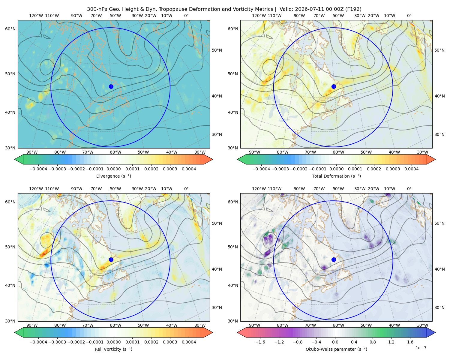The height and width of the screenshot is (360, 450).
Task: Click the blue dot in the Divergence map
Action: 111,86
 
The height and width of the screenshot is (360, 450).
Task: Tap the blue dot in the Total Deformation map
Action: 334,86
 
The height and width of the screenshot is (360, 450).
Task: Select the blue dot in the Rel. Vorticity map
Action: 111,259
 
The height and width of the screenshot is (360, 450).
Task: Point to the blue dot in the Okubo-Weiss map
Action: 334,259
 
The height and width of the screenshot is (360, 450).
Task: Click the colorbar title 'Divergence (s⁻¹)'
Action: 113,176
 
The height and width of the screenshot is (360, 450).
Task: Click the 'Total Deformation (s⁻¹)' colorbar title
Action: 336,176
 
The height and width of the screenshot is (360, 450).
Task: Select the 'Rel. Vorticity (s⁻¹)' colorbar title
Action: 113,349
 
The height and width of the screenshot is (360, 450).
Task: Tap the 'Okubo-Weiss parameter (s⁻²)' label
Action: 336,349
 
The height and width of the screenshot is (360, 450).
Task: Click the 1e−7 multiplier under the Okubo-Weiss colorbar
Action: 421,348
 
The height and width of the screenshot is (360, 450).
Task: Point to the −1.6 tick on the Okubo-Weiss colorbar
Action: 260,342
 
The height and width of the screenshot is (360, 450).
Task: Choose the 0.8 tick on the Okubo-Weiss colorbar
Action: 373,342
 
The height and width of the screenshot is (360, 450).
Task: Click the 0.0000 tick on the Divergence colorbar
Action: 113,169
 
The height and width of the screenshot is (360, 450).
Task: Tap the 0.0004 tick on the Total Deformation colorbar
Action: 412,169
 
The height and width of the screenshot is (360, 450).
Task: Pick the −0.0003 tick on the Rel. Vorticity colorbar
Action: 57,342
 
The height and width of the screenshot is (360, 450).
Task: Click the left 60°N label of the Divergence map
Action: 10,29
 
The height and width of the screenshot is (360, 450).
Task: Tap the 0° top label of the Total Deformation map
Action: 409,16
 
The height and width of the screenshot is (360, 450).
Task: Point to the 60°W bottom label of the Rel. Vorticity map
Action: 115,325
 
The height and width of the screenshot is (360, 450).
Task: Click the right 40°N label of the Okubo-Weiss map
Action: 439,269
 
